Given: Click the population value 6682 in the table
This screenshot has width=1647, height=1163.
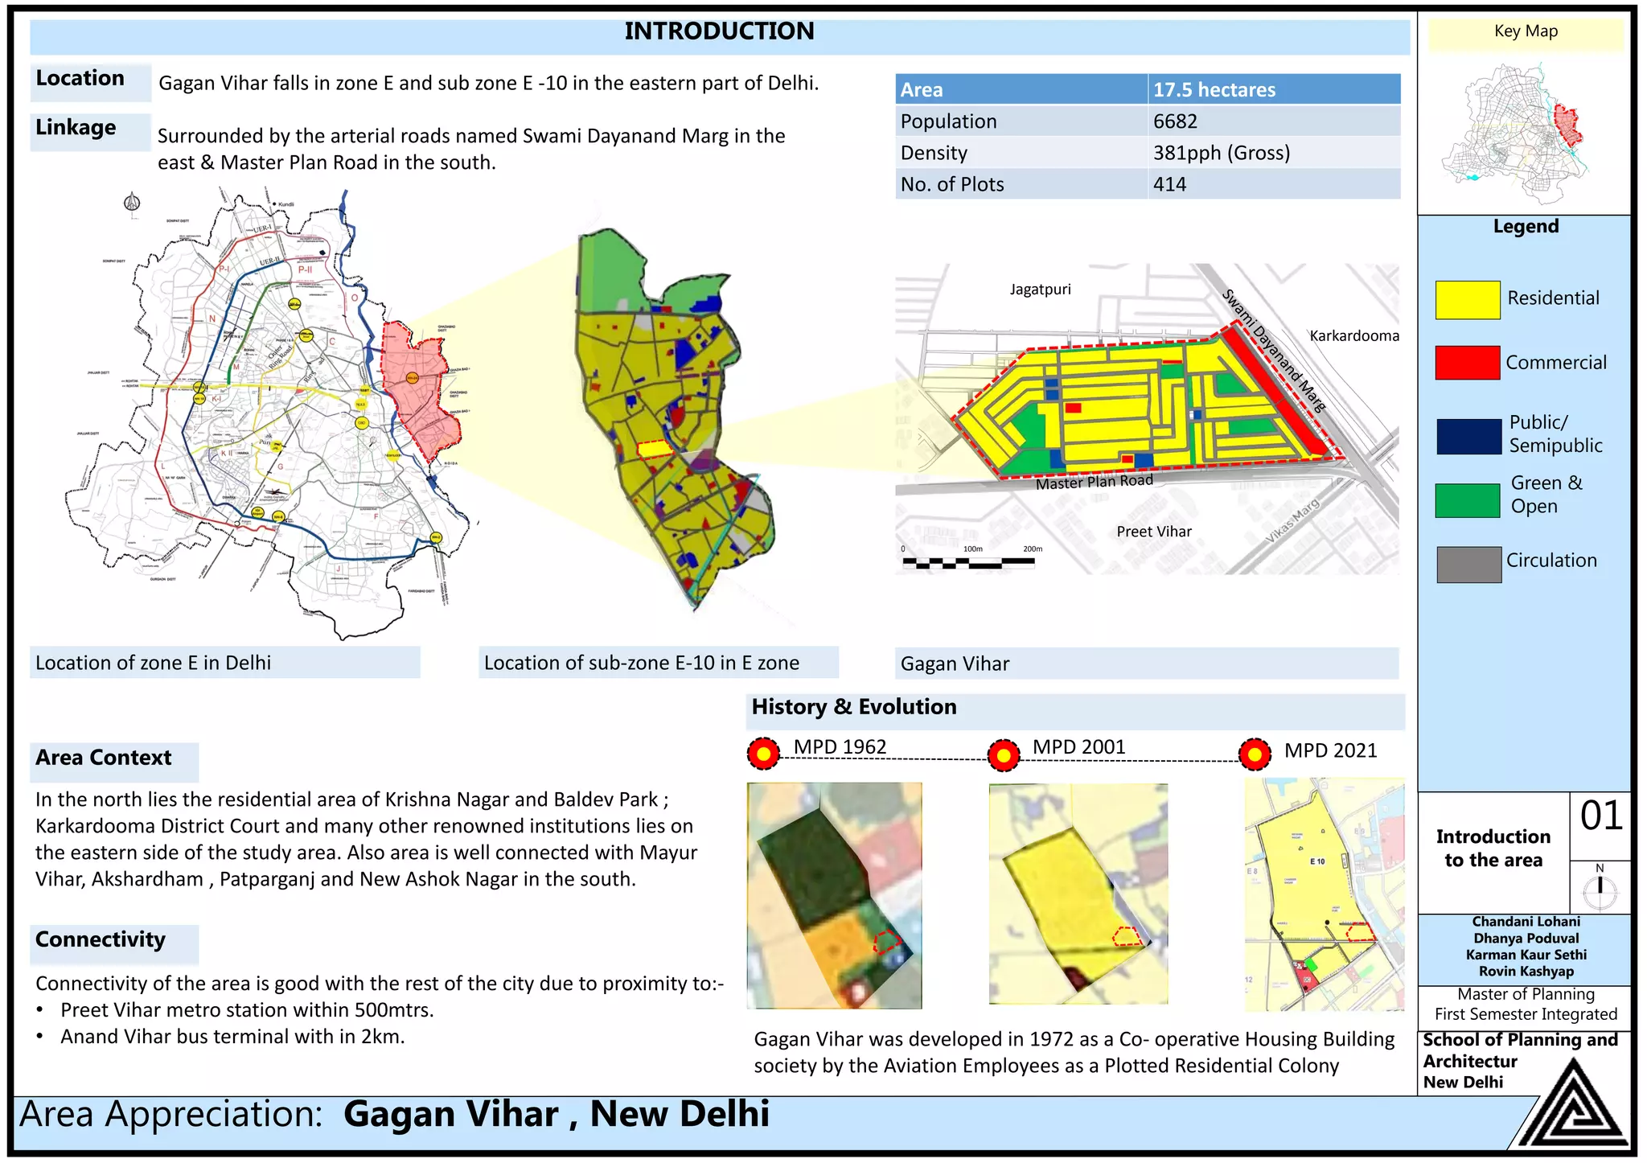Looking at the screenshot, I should point(1175,121).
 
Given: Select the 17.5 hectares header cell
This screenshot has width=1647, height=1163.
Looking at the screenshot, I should point(1214,89).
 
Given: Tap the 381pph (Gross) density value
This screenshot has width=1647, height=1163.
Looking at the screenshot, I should point(1221,153).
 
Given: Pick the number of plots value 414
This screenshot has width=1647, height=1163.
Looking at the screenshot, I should point(1169,184).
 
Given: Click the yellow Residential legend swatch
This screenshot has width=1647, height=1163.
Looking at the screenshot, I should point(1467,300).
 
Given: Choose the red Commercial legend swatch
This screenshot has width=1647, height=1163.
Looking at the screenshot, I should point(1467,363).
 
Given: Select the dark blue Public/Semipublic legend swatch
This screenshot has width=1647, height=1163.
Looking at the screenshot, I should point(1468,437).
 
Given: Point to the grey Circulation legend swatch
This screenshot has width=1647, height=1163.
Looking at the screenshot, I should point(1468,565).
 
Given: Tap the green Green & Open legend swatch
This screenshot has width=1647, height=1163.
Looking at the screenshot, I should point(1467,500).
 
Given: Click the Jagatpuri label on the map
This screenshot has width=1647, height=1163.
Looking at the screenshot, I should point(1040,290).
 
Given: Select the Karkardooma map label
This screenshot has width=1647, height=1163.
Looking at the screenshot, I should point(1354,335).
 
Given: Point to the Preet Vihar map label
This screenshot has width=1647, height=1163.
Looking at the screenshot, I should point(1153,532).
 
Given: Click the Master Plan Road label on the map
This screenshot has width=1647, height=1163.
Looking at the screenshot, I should point(1094,482).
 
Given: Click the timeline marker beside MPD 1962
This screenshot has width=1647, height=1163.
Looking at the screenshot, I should point(763,754).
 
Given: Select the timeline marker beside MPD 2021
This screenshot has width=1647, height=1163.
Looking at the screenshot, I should point(1255,754).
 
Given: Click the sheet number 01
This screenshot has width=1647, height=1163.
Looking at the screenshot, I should point(1600,816).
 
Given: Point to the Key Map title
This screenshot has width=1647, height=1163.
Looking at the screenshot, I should point(1526,31).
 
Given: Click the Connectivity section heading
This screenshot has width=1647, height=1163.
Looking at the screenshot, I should point(101,939).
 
